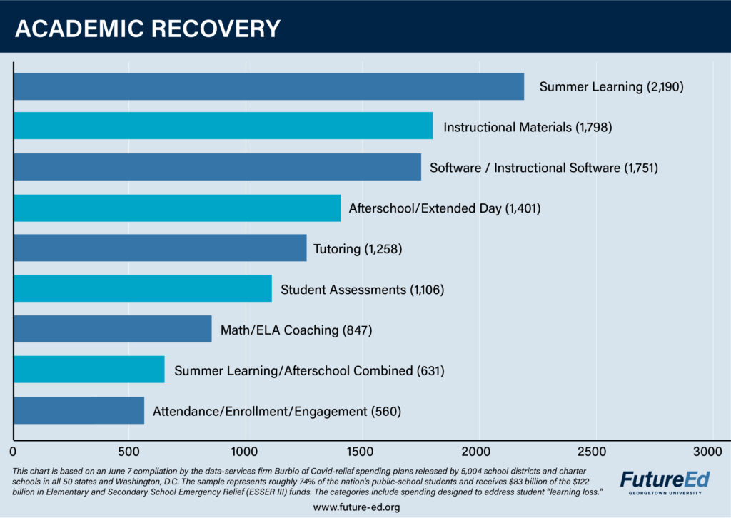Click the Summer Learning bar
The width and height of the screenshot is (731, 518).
[x=268, y=87]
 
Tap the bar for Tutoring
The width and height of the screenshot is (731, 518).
[x=160, y=248]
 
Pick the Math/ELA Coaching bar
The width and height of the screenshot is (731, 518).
[x=113, y=330]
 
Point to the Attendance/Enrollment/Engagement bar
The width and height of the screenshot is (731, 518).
[x=79, y=411]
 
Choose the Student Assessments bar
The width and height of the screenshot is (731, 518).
[x=143, y=289]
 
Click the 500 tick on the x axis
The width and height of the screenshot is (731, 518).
[x=128, y=451]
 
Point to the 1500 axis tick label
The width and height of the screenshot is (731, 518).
[x=361, y=451]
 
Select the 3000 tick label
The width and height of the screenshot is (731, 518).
[x=708, y=451]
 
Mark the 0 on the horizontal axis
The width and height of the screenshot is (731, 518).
[x=13, y=451]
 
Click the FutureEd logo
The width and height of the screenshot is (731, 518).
[x=660, y=477]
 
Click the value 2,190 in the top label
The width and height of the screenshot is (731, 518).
[x=666, y=87]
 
